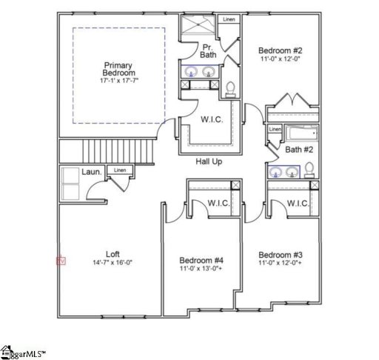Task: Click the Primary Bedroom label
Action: pos(119,70)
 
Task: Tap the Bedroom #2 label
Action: pos(280,51)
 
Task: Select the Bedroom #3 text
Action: pos(280,254)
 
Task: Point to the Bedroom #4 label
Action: pos(201,260)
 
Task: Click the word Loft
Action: pos(112,253)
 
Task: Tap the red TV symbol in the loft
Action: pos(61,261)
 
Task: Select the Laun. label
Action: pos(91,172)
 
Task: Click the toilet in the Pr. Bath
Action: pos(231,89)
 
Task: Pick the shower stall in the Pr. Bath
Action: pos(200,27)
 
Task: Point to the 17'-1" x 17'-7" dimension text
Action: pos(119,79)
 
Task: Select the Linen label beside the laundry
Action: pos(120,170)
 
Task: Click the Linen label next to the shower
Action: pos(229,20)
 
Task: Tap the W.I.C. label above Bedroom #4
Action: pos(218,203)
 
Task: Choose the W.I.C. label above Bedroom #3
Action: pos(297,203)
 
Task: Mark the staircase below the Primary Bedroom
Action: pos(130,152)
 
